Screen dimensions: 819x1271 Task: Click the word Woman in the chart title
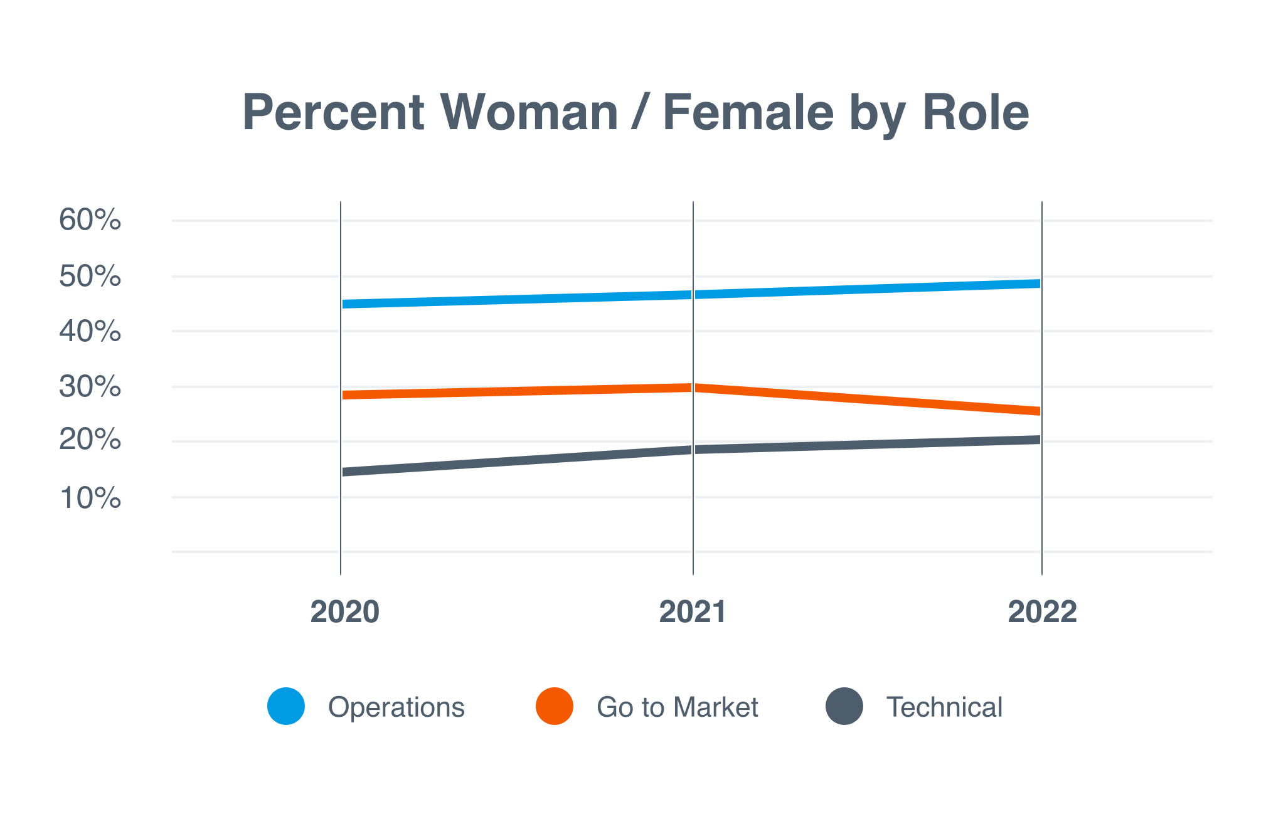(529, 113)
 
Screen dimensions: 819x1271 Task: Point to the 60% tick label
(90, 220)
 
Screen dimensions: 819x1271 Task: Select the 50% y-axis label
(90, 277)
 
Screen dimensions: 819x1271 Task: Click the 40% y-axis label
(90, 331)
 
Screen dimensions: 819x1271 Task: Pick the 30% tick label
(90, 386)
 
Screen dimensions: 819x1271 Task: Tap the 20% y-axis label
(90, 440)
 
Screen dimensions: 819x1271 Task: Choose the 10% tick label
(90, 498)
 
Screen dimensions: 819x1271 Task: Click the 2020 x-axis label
(344, 611)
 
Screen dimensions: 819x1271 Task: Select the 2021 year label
(693, 611)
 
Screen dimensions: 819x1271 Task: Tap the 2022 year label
(1042, 611)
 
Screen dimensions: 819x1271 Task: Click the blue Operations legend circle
(286, 706)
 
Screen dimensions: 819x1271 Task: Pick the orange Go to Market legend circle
(555, 706)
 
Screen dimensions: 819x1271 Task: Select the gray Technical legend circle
(844, 706)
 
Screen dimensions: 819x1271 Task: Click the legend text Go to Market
(678, 707)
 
